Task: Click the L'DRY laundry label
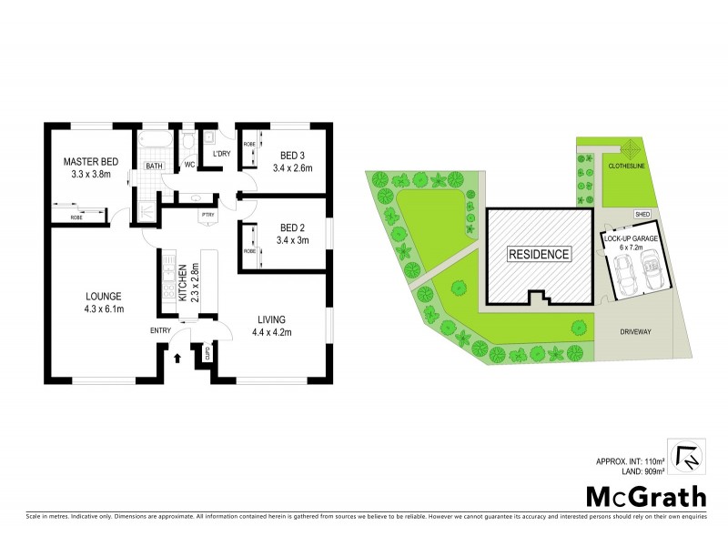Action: (x=220, y=154)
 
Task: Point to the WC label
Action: (x=190, y=165)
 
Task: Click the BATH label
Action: (x=154, y=166)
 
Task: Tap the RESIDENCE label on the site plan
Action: (x=538, y=254)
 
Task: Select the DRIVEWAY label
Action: (x=634, y=332)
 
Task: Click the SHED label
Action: (x=642, y=214)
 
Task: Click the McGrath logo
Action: (x=646, y=497)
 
